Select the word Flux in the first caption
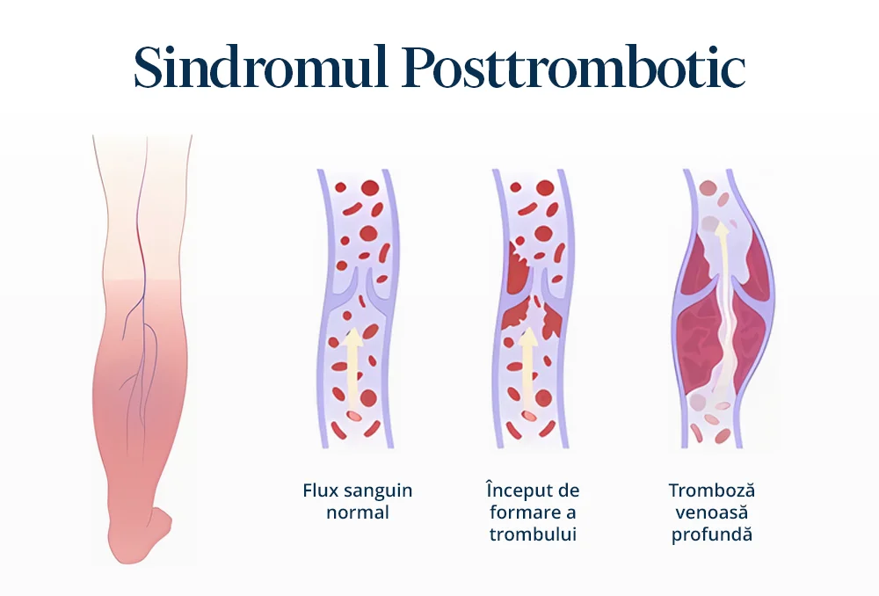point(321,491)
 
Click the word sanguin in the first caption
point(378,491)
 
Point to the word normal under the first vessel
point(358,512)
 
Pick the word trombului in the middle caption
point(533,534)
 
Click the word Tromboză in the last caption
point(711,491)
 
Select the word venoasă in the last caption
point(711,512)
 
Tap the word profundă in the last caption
point(711,534)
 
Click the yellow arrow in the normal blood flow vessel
point(353,370)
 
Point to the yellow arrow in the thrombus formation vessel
point(527,370)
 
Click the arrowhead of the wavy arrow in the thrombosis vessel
point(722,228)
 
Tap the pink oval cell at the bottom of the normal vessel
point(354,416)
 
